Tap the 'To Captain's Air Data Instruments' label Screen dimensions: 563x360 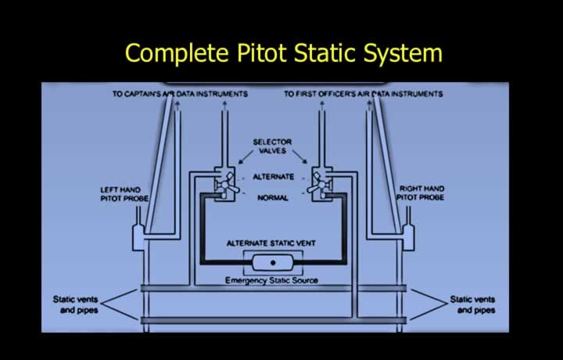coord(181,94)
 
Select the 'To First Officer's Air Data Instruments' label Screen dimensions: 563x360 coord(364,94)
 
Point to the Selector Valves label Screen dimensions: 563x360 coord(272,146)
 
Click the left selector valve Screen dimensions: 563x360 coord(225,184)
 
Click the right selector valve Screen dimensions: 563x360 coord(321,184)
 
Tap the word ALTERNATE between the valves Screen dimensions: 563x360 coord(273,177)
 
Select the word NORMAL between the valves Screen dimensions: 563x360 coord(273,197)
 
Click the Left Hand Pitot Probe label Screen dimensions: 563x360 coord(124,194)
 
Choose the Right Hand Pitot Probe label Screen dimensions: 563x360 coord(421,193)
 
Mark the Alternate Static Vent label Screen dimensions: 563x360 coord(271,243)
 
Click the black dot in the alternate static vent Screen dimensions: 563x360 coord(273,263)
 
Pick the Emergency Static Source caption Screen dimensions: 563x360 coord(271,280)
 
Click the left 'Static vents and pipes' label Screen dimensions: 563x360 coord(75,304)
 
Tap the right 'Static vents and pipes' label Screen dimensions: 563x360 coord(472,304)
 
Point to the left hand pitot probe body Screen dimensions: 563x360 coord(138,237)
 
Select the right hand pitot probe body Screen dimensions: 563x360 coord(408,237)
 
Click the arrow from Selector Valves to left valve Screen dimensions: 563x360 coord(246,157)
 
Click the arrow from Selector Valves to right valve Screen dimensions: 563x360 coord(299,157)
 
